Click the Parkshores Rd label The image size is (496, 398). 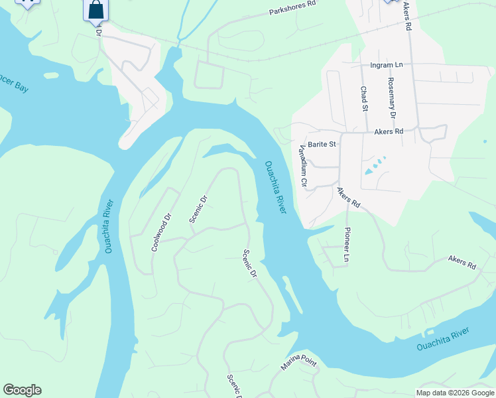pyautogui.click(x=292, y=12)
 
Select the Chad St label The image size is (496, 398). pyautogui.click(x=363, y=98)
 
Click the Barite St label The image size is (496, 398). pyautogui.click(x=322, y=143)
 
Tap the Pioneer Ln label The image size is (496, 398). pyautogui.click(x=345, y=244)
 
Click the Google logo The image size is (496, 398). pyautogui.click(x=22, y=390)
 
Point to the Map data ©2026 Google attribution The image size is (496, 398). pyautogui.click(x=454, y=393)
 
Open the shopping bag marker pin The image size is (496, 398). pyautogui.click(x=96, y=11)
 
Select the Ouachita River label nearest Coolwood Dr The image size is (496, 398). pyautogui.click(x=109, y=226)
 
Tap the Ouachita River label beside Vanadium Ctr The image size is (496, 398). pyautogui.click(x=275, y=187)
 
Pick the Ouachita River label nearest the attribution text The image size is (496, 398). pyautogui.click(x=443, y=339)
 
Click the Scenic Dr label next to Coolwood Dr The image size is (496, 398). pyautogui.click(x=196, y=208)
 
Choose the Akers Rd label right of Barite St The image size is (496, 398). pyautogui.click(x=389, y=132)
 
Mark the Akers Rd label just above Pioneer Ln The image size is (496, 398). pyautogui.click(x=348, y=197)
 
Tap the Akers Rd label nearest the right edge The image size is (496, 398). pyautogui.click(x=462, y=261)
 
